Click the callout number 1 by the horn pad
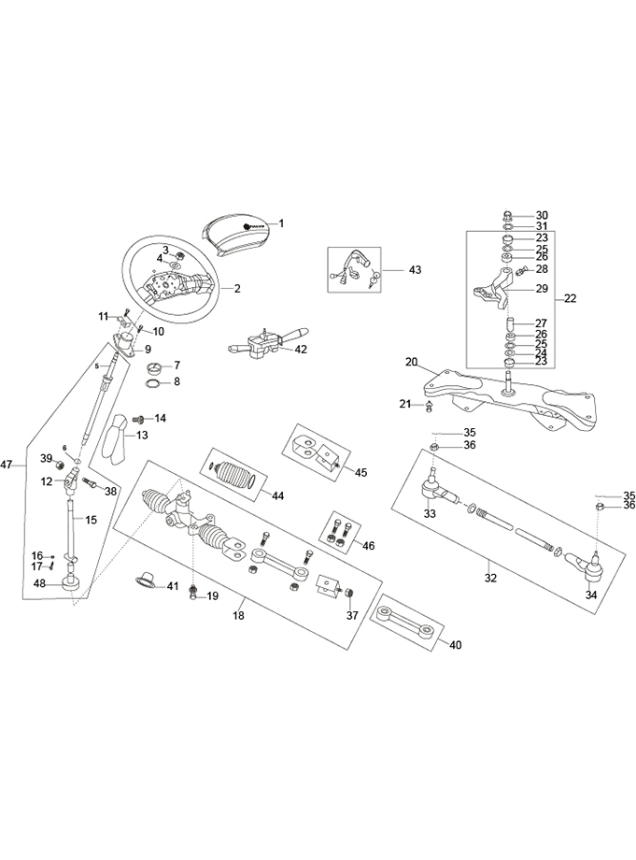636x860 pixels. click(283, 222)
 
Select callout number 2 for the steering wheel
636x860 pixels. click(237, 289)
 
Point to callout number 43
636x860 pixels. click(415, 269)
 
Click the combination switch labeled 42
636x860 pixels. click(264, 346)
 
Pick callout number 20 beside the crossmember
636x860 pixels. click(411, 362)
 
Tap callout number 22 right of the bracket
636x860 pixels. click(571, 298)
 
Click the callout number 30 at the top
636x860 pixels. click(541, 215)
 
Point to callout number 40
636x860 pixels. click(455, 644)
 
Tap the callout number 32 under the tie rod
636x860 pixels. click(491, 577)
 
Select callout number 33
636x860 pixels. click(430, 513)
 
